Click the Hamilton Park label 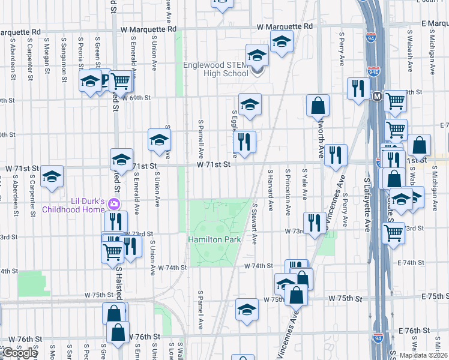[x=215, y=239]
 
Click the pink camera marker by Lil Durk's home [x=113, y=205]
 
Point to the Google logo [x=19, y=353]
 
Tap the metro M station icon [x=377, y=96]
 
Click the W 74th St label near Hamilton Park [x=258, y=266]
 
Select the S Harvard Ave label [x=271, y=189]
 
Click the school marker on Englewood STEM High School [x=257, y=56]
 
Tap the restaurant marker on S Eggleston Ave [x=244, y=142]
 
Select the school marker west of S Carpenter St [x=52, y=176]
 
